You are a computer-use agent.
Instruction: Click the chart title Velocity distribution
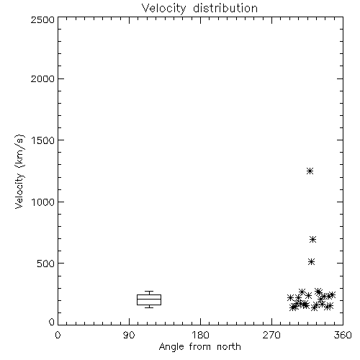199,9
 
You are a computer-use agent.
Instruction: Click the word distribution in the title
225,9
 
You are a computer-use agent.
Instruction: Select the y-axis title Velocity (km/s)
19,171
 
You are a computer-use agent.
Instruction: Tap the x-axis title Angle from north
200,347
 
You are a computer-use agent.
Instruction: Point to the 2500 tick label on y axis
42,19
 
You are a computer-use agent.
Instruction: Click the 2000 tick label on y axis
42,78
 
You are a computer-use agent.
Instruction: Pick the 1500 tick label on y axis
43,140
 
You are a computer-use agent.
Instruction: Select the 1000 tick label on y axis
43,202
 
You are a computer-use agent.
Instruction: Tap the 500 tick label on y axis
46,264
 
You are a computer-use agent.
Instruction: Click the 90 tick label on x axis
129,335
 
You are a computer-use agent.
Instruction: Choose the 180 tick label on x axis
200,335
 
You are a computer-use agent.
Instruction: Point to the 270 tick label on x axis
271,335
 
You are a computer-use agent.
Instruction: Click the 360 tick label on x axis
343,335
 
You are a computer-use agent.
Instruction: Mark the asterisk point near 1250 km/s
310,171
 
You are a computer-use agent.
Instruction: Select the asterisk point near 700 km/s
312,239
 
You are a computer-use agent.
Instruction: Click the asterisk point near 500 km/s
311,261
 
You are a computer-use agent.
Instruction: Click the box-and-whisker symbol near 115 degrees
149,300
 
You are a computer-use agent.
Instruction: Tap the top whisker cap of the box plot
149,292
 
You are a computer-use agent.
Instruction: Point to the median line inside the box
149,299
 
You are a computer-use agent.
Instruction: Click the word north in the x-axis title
229,347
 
